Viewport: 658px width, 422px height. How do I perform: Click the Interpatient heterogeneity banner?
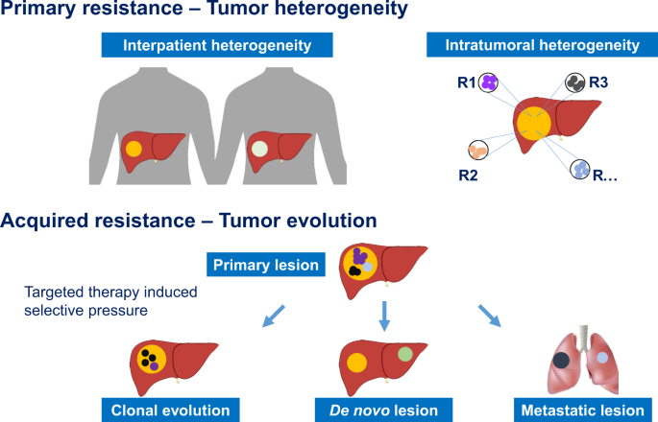pos(217,45)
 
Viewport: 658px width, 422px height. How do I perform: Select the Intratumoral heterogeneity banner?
pos(542,45)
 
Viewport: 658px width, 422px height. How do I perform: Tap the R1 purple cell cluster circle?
pos(488,82)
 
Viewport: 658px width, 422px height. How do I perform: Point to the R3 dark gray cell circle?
pos(575,82)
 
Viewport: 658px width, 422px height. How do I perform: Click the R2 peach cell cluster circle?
pos(478,150)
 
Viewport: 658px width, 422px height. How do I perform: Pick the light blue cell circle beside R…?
pos(580,170)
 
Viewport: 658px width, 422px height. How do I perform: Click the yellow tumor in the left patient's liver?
pos(134,149)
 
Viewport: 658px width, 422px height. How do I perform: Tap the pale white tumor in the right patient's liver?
pos(259,149)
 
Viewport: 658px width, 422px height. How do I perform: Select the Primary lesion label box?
pos(266,265)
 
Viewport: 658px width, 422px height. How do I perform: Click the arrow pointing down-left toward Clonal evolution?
pos(274,316)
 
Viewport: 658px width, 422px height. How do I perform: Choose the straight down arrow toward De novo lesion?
pos(384,316)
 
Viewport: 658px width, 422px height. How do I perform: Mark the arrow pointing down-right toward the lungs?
pos(490,316)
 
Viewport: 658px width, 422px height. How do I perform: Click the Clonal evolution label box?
pos(170,410)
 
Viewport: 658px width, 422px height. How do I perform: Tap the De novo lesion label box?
pos(383,410)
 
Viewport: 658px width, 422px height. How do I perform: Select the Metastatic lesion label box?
pos(582,410)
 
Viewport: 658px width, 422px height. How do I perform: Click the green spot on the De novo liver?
pos(405,354)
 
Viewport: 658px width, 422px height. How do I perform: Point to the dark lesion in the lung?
pos(561,361)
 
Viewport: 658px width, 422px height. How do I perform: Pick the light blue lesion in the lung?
pos(602,358)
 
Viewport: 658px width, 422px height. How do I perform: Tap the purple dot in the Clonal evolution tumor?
pos(154,366)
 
